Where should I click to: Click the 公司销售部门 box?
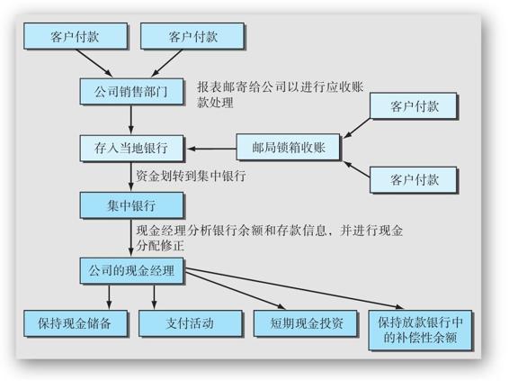(x=131, y=91)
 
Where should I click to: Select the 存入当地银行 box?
(x=131, y=149)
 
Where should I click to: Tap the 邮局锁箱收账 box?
(x=288, y=147)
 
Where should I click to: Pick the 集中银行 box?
(x=131, y=205)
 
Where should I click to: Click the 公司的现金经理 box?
(x=131, y=271)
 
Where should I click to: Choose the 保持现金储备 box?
(x=76, y=323)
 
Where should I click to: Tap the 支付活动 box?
(x=191, y=323)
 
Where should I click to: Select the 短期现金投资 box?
(x=305, y=323)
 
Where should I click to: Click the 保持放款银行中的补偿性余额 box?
(x=420, y=331)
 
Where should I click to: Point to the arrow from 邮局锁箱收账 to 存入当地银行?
(x=212, y=149)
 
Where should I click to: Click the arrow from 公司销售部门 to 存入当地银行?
(x=131, y=120)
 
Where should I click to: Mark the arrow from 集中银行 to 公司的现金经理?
(x=131, y=238)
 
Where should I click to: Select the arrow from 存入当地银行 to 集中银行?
(x=131, y=177)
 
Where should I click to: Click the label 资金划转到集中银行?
(x=191, y=176)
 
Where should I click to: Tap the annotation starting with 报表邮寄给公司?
(x=281, y=95)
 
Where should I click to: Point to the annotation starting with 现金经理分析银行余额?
(x=270, y=238)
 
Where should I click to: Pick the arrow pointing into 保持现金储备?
(x=109, y=297)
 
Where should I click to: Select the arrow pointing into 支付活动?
(x=154, y=297)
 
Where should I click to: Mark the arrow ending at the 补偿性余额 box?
(x=294, y=288)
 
